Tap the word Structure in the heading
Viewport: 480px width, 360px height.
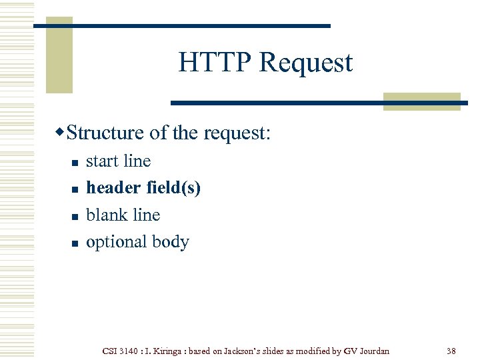(x=105, y=133)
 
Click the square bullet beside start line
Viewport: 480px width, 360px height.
(x=76, y=163)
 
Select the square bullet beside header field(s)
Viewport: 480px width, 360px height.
(x=76, y=190)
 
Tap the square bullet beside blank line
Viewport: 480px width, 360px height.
(x=76, y=217)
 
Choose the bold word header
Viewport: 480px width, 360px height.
(x=113, y=188)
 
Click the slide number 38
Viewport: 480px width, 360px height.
(x=451, y=351)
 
